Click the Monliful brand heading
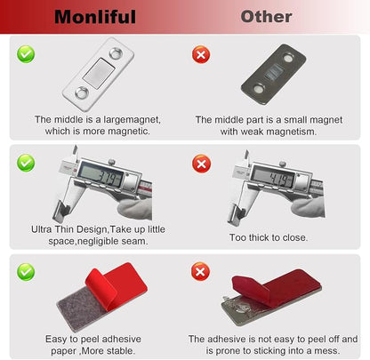pyautogui.click(x=95, y=17)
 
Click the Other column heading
pyautogui.click(x=266, y=17)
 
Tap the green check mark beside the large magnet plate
pyautogui.click(x=26, y=54)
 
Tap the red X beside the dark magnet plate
pyautogui.click(x=201, y=54)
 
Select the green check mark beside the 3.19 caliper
pyautogui.click(x=26, y=163)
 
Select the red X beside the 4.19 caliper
pyautogui.click(x=201, y=164)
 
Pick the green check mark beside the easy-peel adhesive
pyautogui.click(x=26, y=272)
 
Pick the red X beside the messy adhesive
pyautogui.click(x=200, y=271)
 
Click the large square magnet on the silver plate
pyautogui.click(x=99, y=73)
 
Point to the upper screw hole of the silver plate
pyautogui.click(x=116, y=53)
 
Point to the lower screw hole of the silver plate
pyautogui.click(x=82, y=92)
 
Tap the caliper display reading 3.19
pyautogui.click(x=101, y=174)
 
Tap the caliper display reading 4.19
pyautogui.click(x=273, y=177)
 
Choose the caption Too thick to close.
pyautogui.click(x=269, y=237)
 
